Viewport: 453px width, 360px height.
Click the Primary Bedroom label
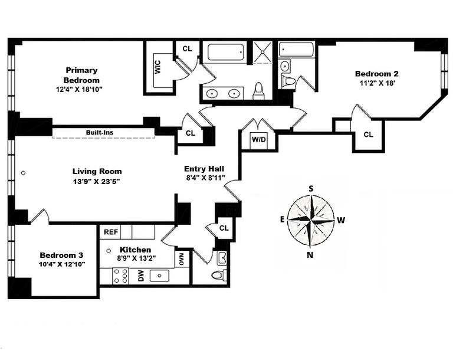tap(81, 75)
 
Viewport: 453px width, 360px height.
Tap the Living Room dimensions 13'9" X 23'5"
tap(97, 181)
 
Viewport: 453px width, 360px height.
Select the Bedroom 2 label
tap(376, 74)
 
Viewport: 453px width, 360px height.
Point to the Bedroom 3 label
tap(61, 255)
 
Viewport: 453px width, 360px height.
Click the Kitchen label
tap(135, 250)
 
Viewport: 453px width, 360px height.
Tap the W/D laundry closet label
tap(258, 140)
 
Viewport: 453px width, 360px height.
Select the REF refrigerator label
tap(111, 232)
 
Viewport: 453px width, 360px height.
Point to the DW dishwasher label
tap(141, 276)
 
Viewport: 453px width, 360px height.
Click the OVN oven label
tap(182, 259)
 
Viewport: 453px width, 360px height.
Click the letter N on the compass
tap(310, 254)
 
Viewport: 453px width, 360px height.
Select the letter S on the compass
tap(311, 188)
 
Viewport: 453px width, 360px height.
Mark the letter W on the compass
tap(341, 221)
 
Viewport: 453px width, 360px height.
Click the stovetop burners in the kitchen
tap(121, 276)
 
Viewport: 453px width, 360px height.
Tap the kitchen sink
tap(160, 276)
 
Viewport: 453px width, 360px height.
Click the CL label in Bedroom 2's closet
tap(368, 135)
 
